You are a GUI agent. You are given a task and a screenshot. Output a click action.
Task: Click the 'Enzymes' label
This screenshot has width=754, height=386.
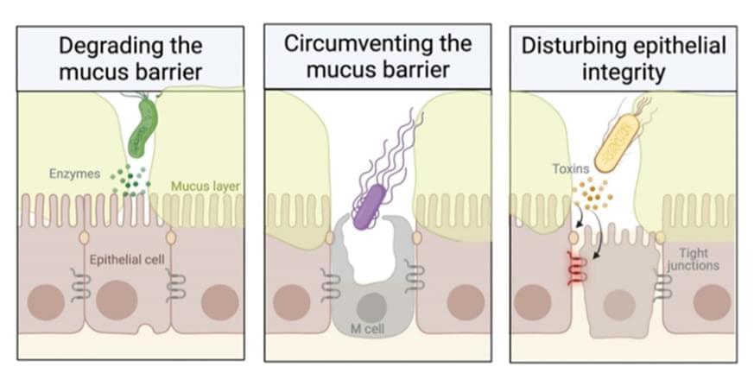75,174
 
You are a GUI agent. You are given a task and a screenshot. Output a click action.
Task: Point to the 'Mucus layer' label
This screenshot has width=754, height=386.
206,185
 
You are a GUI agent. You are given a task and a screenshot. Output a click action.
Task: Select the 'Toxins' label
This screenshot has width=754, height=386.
570,169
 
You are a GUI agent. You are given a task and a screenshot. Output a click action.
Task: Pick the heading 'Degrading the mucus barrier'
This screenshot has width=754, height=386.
130,58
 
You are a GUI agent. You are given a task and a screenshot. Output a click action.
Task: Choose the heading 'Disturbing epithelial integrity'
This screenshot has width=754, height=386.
623,58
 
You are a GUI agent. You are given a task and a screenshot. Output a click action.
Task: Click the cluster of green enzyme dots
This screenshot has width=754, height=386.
130,180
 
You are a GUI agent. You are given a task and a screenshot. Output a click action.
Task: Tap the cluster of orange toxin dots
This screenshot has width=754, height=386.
597,195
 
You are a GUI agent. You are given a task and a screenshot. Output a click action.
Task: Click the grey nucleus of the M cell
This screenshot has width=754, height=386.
372,306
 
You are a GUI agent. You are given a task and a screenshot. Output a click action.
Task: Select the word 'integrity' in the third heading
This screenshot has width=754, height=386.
623,72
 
